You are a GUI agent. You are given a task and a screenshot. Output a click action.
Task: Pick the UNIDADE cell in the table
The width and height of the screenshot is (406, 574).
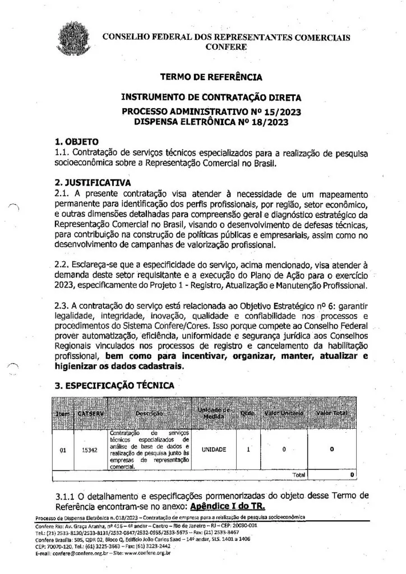coord(214,450)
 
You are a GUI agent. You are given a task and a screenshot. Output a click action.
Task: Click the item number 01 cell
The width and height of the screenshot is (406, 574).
coord(63,450)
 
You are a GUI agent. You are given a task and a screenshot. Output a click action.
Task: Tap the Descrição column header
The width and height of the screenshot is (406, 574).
coord(149,413)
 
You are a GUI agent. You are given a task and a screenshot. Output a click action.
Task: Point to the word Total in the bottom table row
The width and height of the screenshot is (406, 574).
coord(299,474)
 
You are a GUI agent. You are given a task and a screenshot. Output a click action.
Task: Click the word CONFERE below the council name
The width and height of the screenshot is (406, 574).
coord(226,47)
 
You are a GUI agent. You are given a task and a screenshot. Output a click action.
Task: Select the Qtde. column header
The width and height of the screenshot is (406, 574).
coord(248,413)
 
